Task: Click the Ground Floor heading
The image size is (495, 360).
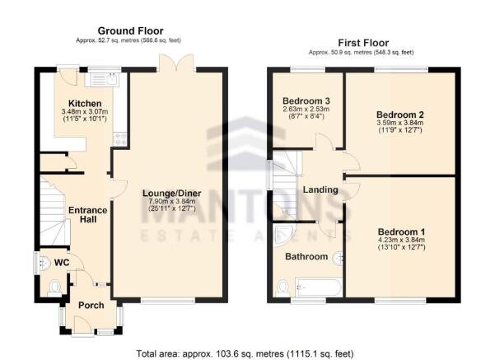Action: pyautogui.click(x=130, y=31)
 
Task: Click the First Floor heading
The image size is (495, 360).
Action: pyautogui.click(x=363, y=43)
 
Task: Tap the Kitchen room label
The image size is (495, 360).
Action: pyautogui.click(x=85, y=103)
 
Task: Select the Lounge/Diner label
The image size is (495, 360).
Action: pyautogui.click(x=172, y=194)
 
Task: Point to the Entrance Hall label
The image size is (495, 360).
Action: pyautogui.click(x=88, y=214)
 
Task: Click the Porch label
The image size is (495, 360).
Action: pyautogui.click(x=91, y=305)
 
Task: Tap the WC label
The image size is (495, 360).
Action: pyautogui.click(x=62, y=263)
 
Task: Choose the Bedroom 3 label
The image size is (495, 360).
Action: pyautogui.click(x=306, y=101)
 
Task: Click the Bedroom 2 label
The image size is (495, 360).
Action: pyautogui.click(x=400, y=115)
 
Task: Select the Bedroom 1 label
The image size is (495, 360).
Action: pyautogui.click(x=402, y=231)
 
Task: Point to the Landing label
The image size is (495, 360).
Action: pyautogui.click(x=320, y=189)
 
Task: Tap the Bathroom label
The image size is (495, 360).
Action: pyautogui.click(x=306, y=256)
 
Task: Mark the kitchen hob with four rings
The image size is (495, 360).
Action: pyautogui.click(x=120, y=139)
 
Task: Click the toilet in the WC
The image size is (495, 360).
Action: pyautogui.click(x=55, y=288)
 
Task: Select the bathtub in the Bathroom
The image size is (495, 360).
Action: pyautogui.click(x=318, y=287)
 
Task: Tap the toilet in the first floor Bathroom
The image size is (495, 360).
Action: pyautogui.click(x=283, y=288)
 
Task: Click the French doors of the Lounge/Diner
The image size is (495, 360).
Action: pyautogui.click(x=177, y=62)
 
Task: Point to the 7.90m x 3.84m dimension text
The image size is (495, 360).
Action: pyautogui.click(x=172, y=202)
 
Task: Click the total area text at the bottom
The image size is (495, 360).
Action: pyautogui.click(x=245, y=353)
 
